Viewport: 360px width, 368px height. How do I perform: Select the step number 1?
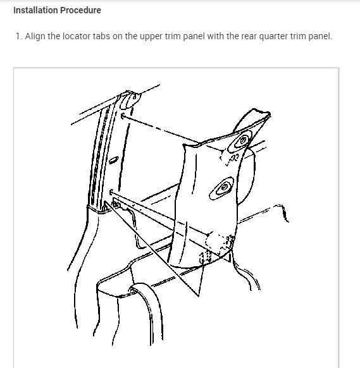18,36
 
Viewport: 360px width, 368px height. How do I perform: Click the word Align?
35,36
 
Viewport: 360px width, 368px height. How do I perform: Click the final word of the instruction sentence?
318,36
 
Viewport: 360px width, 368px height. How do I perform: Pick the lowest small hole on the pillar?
111,190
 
